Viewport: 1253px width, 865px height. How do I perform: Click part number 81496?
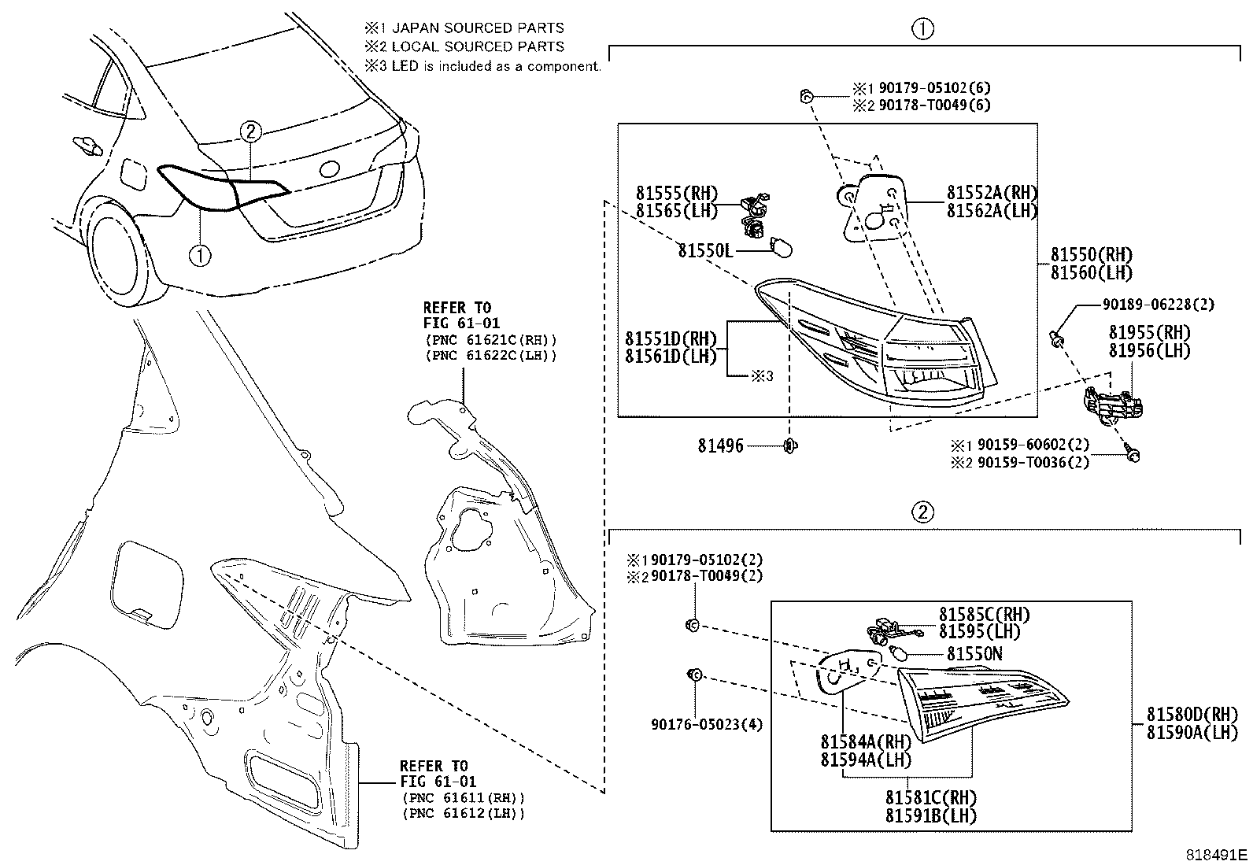[x=719, y=446]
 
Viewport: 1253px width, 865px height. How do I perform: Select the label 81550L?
[x=705, y=250]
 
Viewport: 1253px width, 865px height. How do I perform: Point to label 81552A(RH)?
[x=991, y=194]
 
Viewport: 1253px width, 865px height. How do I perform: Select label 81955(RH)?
[x=1149, y=333]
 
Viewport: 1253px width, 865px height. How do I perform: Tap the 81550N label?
[x=974, y=654]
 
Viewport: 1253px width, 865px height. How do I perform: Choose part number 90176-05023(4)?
[x=707, y=724]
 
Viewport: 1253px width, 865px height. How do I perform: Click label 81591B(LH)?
[x=930, y=815]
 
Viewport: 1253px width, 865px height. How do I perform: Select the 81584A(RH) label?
[x=865, y=742]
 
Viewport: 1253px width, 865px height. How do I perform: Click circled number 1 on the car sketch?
[x=200, y=255]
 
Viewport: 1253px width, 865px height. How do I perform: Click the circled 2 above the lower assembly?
[x=922, y=513]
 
